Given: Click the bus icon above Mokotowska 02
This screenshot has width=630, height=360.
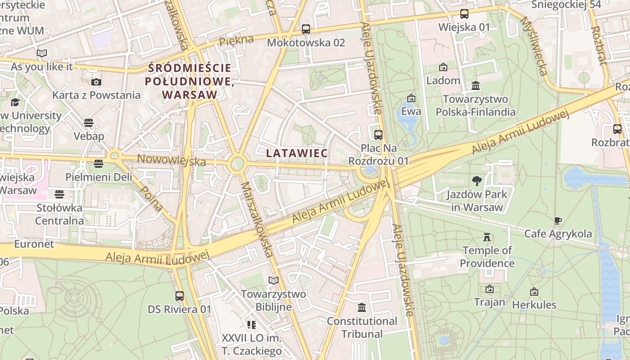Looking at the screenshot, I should (306, 29).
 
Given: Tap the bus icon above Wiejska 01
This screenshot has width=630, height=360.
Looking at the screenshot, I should (464, 14).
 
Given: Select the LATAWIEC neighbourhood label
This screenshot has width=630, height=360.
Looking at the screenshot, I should (297, 153).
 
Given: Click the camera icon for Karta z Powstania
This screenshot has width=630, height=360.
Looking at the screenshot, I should (96, 82).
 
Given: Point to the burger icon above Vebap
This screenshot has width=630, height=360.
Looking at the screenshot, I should (89, 123).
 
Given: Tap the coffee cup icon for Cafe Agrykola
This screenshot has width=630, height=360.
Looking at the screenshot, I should (558, 220).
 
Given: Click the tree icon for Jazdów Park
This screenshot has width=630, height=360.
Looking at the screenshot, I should (477, 181).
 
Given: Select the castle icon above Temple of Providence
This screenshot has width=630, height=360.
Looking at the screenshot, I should (486, 237).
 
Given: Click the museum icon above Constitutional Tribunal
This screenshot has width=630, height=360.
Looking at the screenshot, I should (361, 308).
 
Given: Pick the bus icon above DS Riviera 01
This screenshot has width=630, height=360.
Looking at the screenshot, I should (180, 296).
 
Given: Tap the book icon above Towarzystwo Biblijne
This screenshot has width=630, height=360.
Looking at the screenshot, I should (274, 281).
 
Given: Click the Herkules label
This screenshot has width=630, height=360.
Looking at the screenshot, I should (534, 305).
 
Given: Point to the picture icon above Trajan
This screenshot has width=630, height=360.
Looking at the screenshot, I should (490, 289).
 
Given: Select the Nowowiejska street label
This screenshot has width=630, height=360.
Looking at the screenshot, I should (171, 160).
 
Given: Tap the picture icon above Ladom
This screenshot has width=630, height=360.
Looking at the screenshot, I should (443, 67).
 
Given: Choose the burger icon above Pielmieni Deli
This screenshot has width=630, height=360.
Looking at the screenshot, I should (99, 163).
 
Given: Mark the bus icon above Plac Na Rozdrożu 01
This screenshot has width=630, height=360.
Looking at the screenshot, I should (378, 135).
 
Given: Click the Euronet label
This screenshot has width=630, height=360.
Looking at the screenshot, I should (34, 244).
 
